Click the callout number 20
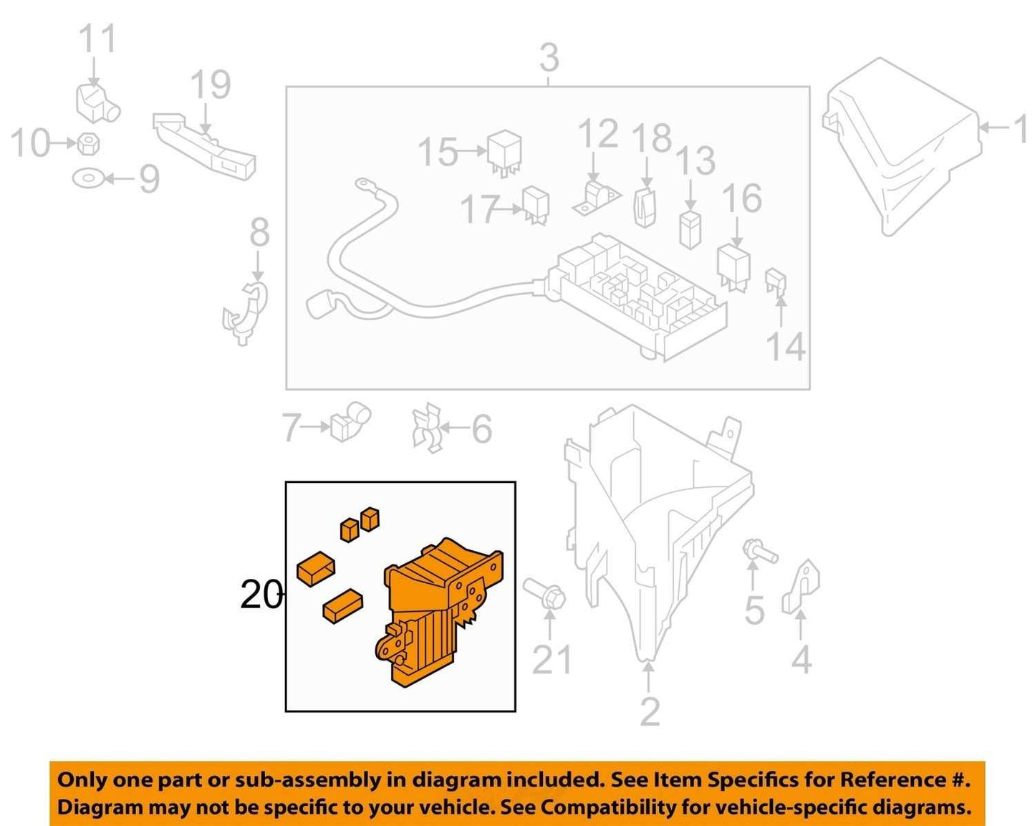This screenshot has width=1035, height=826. point(261,595)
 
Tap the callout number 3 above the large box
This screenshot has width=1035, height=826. point(549,58)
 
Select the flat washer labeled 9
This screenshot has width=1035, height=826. point(88,178)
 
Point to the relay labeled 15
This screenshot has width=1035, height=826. point(505,153)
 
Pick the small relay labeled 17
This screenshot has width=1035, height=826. point(536,205)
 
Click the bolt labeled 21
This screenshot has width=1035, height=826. point(544,596)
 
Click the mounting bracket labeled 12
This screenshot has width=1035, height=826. point(597,198)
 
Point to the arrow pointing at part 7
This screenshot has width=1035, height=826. point(316,427)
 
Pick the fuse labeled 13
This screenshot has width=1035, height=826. point(690,230)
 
